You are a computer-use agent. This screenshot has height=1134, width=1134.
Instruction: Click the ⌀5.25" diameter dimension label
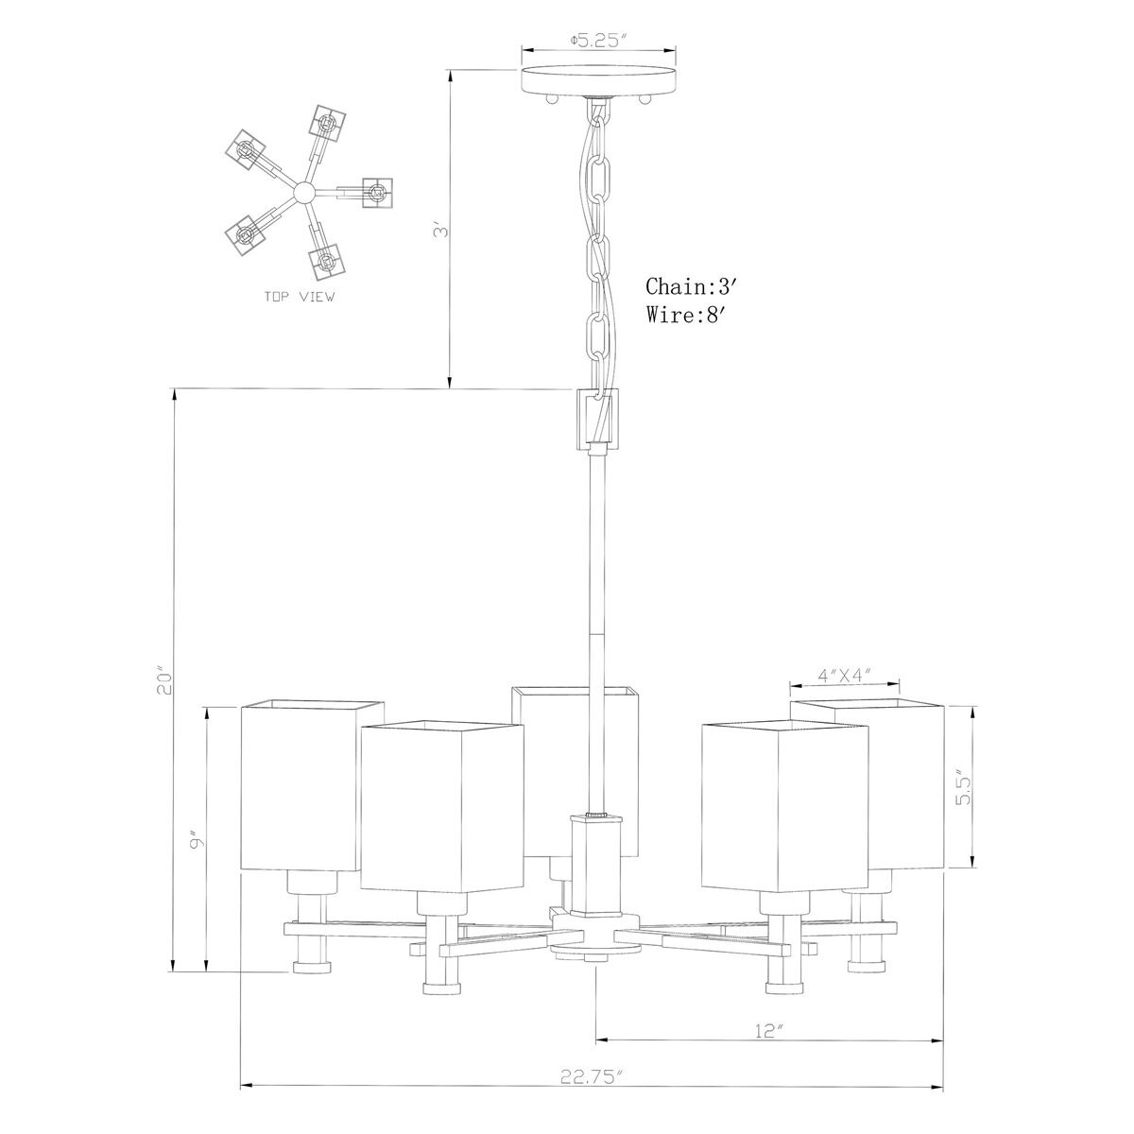(x=598, y=41)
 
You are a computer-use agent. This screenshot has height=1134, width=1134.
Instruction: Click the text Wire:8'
(x=687, y=316)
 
